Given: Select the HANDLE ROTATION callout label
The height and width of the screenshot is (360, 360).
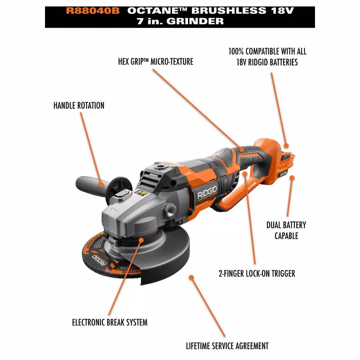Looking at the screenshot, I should pos(79,105).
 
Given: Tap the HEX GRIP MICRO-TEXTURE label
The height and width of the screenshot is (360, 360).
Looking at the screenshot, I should pos(156,62).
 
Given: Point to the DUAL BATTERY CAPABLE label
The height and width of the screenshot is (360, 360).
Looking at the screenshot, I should pos(286,230).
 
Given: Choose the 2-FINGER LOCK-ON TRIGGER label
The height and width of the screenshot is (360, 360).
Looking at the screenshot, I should pos(257,274).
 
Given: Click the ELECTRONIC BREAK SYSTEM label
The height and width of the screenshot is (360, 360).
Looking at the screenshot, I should pos(110,322).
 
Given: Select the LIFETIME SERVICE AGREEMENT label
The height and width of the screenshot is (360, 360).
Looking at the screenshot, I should pos(227,346).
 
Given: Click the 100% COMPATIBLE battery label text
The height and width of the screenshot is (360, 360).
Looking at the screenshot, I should pos(267,57).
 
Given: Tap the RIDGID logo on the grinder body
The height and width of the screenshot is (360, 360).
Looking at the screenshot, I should pos(207,195).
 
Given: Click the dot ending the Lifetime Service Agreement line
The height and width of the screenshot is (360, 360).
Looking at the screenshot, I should pos(191,278).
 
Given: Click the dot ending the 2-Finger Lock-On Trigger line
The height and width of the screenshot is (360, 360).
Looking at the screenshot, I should pos(245,174).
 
